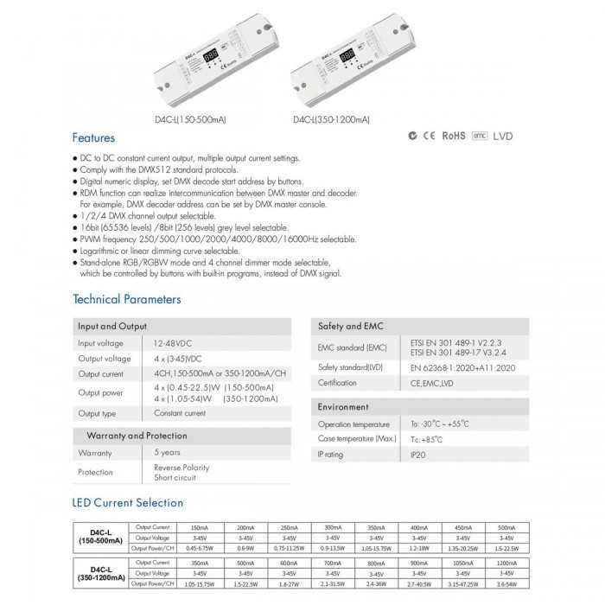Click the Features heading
coord(92,137)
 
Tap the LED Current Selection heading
coord(127,502)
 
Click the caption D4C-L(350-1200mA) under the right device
coord(331,119)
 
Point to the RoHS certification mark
coord(454,136)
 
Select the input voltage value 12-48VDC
coord(174,343)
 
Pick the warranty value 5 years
coord(167,453)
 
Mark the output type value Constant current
coord(180,413)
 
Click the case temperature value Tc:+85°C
coord(419,439)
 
